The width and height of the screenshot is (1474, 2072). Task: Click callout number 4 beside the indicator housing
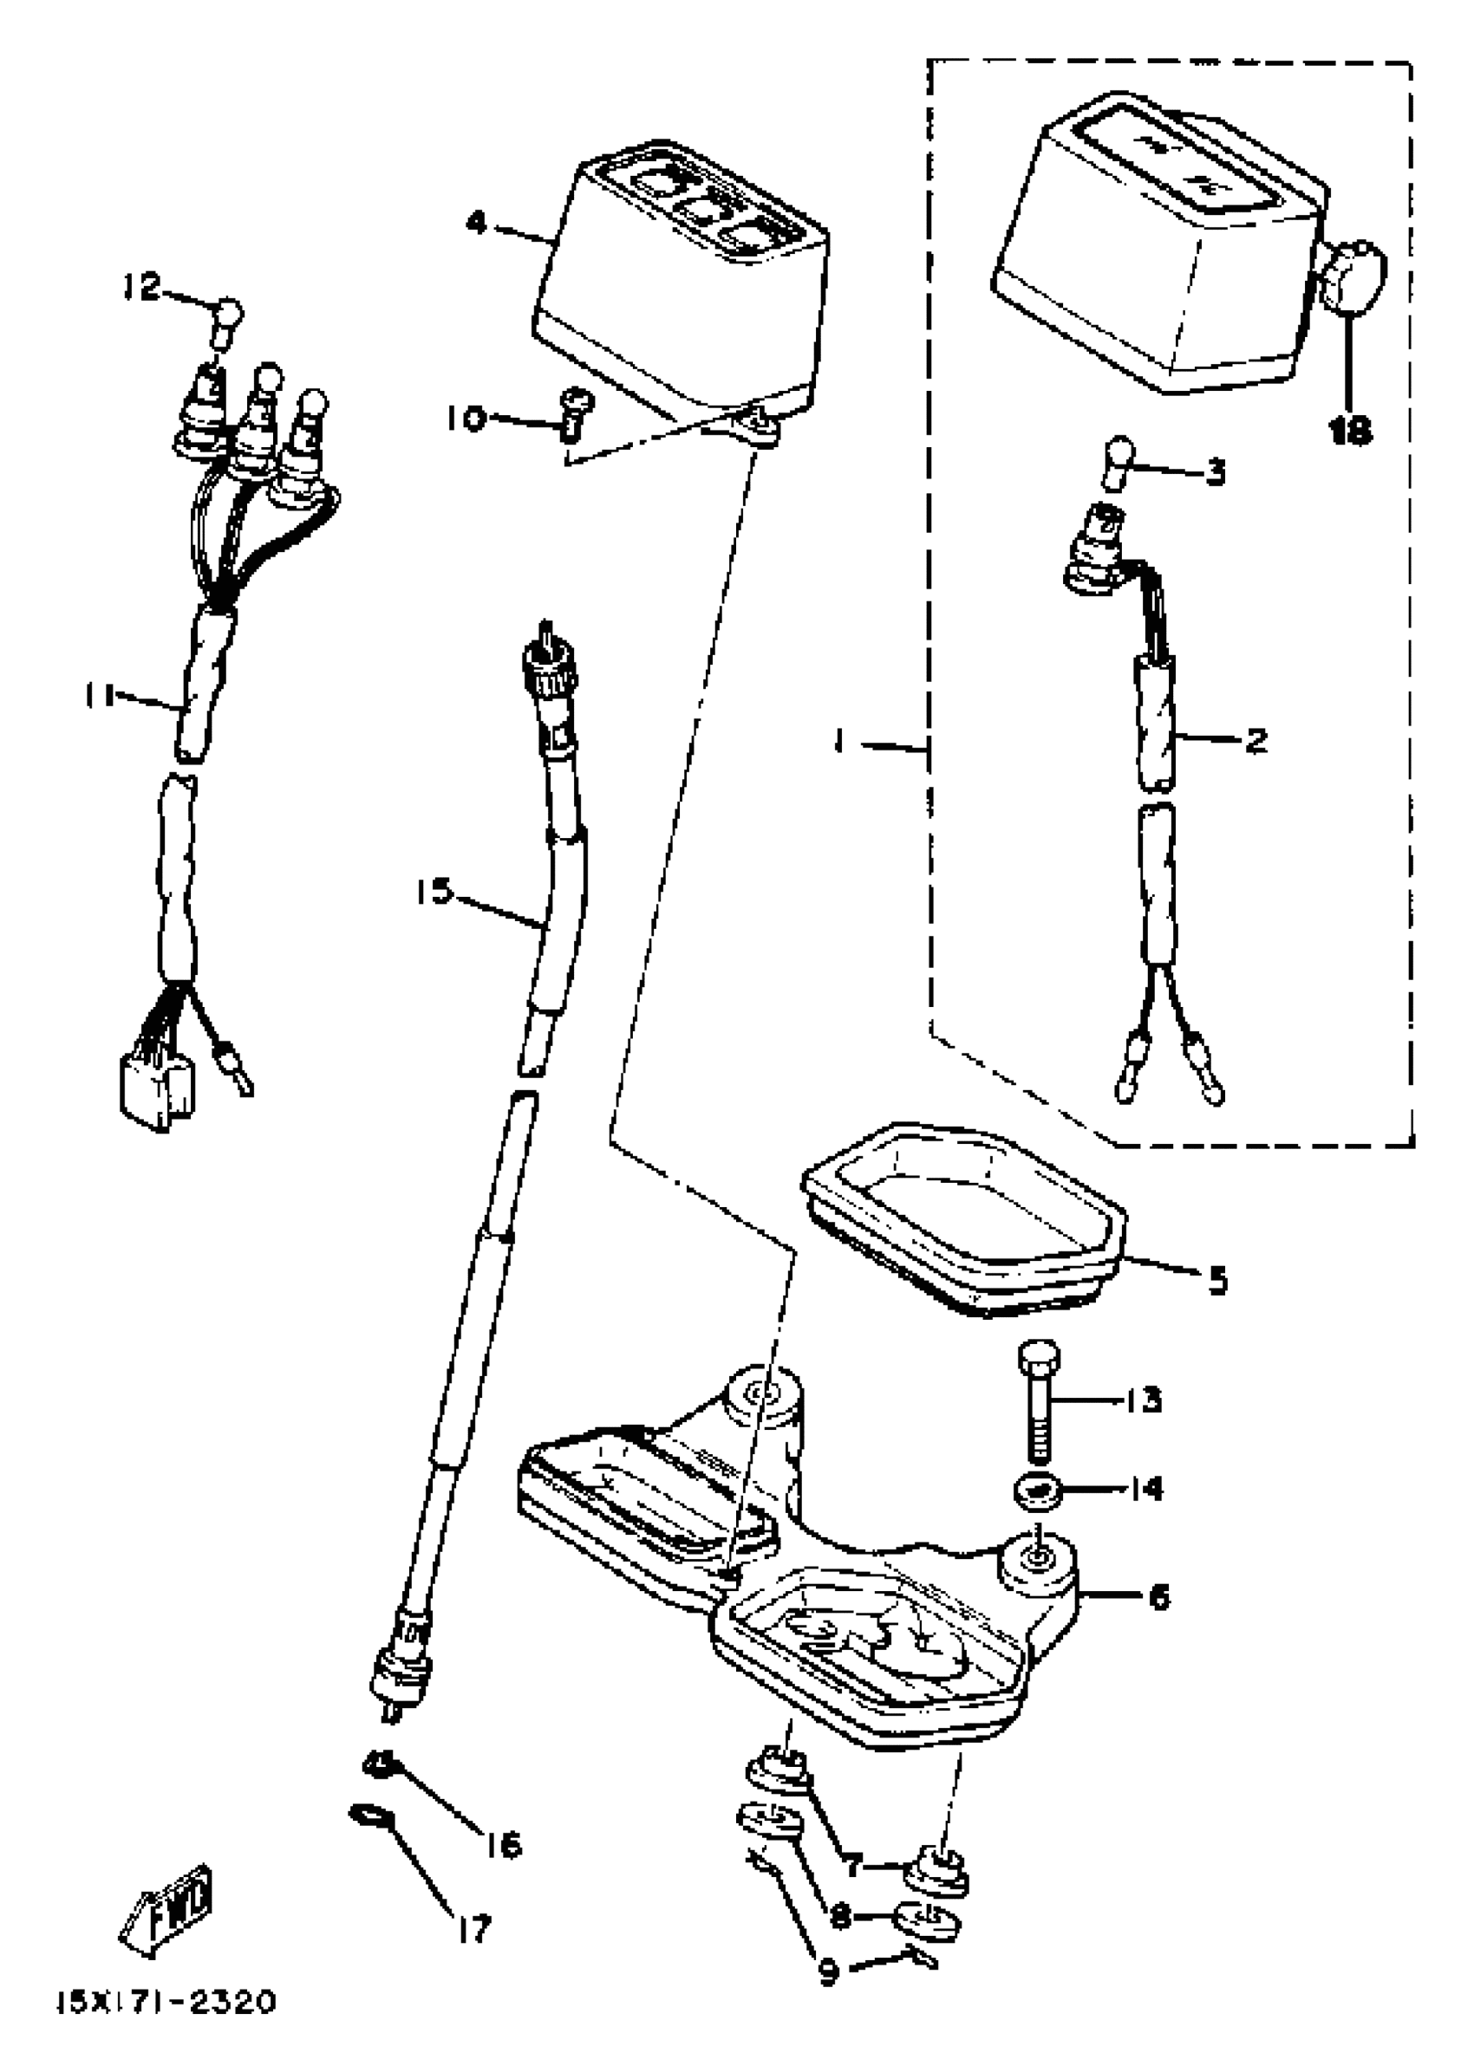click(477, 222)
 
